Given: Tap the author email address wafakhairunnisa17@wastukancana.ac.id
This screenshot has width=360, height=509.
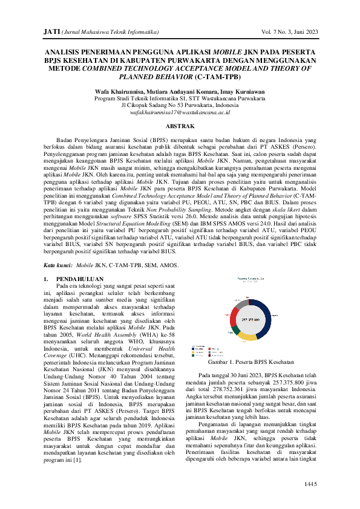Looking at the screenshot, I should (180, 112).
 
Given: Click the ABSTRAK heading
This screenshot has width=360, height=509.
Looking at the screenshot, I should (180, 126).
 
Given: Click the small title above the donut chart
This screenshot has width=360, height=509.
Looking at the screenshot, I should (249, 279).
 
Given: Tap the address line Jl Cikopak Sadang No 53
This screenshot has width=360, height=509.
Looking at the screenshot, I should (180, 105).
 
